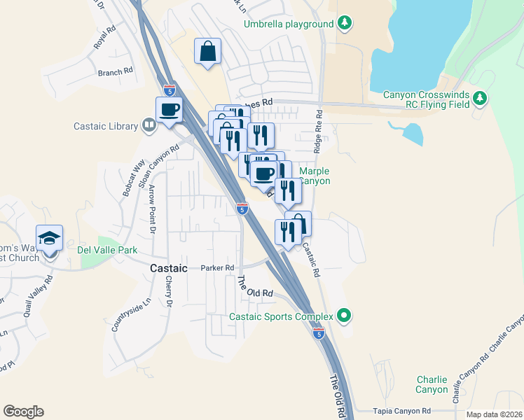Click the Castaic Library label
pos(106,127)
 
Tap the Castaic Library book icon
pos(149,126)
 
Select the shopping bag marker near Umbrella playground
pos(208,51)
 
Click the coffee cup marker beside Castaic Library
pos(170,110)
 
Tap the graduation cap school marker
pos(50,239)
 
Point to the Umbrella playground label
pos(289,24)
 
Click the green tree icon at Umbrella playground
pos(344,24)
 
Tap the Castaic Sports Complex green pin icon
pos(343,316)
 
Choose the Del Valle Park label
pos(108,250)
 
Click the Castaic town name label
pos(169,268)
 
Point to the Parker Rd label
pos(217,268)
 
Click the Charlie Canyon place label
pos(432,384)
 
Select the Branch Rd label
pos(115,72)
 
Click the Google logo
pos(23,412)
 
